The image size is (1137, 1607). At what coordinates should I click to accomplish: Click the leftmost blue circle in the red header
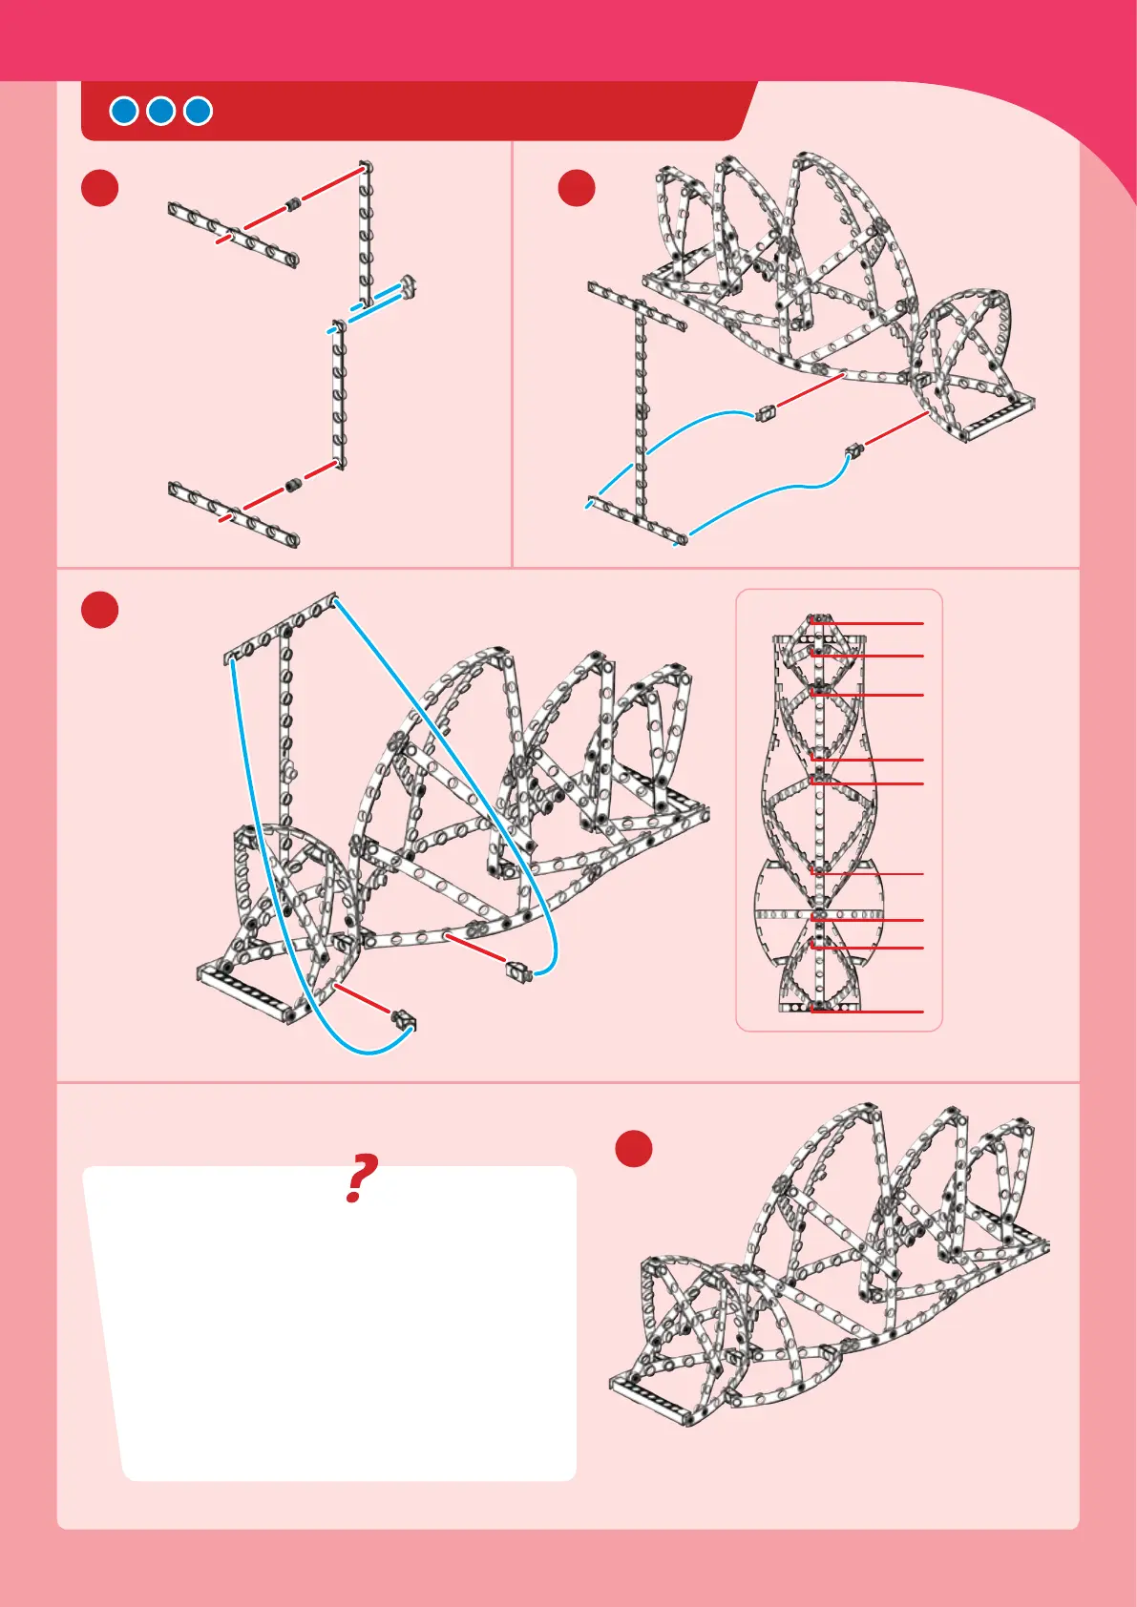(x=123, y=111)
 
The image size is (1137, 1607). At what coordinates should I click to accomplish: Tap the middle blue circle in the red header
(x=160, y=111)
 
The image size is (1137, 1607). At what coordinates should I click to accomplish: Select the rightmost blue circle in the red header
(x=199, y=111)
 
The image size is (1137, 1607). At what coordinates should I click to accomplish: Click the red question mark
(x=361, y=1178)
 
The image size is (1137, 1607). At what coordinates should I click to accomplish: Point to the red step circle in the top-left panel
(x=100, y=188)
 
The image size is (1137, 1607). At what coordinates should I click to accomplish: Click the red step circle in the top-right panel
(x=577, y=188)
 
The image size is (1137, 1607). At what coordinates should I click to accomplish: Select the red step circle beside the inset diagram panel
(x=100, y=610)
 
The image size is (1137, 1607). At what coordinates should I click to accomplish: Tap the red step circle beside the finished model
(x=634, y=1149)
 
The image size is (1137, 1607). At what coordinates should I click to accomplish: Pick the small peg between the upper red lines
(x=293, y=204)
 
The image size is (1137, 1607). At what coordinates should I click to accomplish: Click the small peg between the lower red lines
(x=292, y=485)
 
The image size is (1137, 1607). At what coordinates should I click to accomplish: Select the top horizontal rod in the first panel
(x=233, y=235)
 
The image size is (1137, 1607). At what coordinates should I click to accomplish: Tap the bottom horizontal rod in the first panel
(x=233, y=514)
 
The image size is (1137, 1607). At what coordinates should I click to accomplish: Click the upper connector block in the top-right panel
(x=766, y=413)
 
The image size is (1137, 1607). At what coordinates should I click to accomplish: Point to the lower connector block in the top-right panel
(x=853, y=451)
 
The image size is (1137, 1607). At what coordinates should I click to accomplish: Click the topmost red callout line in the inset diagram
(x=867, y=623)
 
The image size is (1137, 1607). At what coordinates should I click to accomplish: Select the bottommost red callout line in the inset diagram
(x=867, y=1012)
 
